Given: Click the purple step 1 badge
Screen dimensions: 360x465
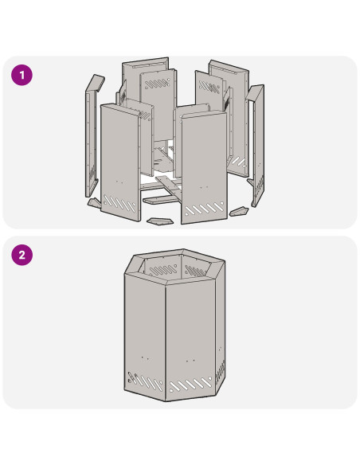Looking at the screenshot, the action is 22,75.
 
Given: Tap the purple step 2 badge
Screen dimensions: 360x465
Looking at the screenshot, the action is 22,255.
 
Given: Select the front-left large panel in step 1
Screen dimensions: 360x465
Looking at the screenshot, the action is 120,162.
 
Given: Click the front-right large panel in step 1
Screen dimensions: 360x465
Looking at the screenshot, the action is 205,167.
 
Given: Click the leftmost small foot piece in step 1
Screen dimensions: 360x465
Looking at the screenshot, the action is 95,203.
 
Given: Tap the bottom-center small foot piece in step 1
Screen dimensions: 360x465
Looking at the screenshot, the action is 159,221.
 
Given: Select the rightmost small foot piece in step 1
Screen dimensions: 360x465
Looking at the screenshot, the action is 239,212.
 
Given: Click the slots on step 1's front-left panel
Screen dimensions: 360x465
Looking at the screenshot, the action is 119,204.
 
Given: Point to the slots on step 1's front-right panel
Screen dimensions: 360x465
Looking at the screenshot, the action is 205,209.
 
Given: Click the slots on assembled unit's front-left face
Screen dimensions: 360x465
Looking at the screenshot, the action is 145,381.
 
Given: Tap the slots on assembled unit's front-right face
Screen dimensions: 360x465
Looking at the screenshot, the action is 190,385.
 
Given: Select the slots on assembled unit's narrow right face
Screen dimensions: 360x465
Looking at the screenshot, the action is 220,371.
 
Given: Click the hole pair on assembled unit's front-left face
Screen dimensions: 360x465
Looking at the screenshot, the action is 145,358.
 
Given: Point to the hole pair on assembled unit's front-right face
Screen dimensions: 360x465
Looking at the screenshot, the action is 190,361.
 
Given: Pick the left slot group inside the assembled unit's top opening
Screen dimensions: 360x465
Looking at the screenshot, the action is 163,270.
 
